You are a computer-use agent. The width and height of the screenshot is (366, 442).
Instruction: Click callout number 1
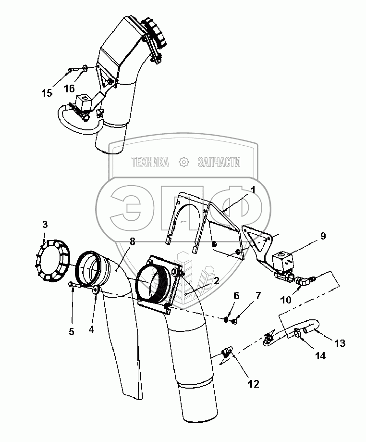(x=253, y=190)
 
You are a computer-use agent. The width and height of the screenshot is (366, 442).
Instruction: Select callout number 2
(x=217, y=281)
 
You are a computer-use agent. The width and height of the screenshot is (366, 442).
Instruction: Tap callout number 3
(x=45, y=224)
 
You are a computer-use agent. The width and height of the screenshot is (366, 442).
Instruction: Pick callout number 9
(x=323, y=236)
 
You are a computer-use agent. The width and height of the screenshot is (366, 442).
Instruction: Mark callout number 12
(x=253, y=384)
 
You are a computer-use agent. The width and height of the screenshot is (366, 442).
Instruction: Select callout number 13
(x=340, y=343)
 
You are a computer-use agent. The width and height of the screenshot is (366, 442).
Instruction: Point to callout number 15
(x=47, y=93)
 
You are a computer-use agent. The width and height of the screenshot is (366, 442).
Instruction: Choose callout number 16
(x=69, y=88)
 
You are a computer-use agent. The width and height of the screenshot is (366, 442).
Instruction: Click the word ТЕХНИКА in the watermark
(x=150, y=163)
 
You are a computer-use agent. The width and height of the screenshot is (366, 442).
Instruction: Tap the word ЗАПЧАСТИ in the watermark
(x=219, y=163)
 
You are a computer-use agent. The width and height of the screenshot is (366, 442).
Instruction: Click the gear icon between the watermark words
(x=183, y=163)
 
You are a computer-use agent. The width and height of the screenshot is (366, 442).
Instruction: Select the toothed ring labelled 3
(x=53, y=260)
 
